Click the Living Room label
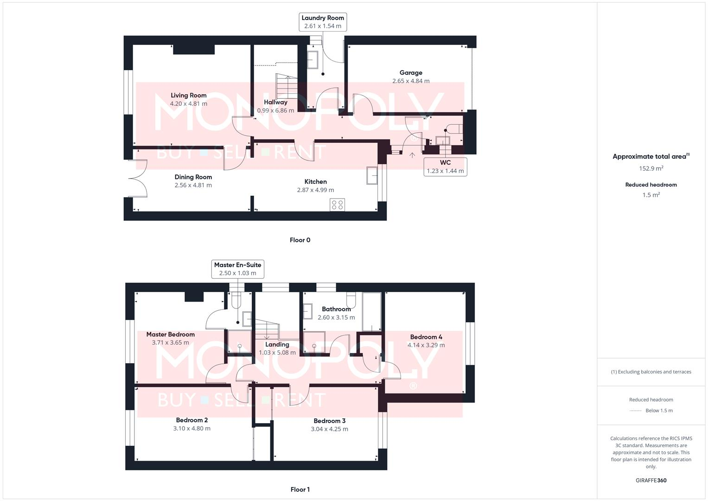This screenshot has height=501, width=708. pyautogui.click(x=188, y=95)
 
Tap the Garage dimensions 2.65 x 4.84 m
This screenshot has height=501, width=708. pyautogui.click(x=411, y=81)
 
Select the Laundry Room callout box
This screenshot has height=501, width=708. pyautogui.click(x=323, y=22)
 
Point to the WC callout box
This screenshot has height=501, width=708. pyautogui.click(x=445, y=167)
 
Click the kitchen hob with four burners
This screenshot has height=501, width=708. pyautogui.click(x=338, y=205)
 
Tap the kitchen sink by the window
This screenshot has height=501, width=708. pyautogui.click(x=372, y=175)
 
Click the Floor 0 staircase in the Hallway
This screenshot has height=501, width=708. pyautogui.click(x=286, y=86)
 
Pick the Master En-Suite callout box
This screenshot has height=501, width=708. pyautogui.click(x=237, y=269)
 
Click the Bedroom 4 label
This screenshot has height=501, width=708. pyautogui.click(x=426, y=337)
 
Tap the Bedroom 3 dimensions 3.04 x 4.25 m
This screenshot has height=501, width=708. pyautogui.click(x=329, y=429)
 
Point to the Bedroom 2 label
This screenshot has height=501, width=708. pyautogui.click(x=191, y=420)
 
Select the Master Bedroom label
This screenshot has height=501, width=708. pyautogui.click(x=170, y=334)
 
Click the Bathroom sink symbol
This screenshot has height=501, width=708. pyautogui.click(x=307, y=311)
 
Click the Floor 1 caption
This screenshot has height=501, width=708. pyautogui.click(x=300, y=489)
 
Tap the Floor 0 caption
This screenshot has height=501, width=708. pyautogui.click(x=300, y=240)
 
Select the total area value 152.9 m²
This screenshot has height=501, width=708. pyautogui.click(x=651, y=168)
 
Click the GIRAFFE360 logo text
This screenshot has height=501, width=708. pyautogui.click(x=651, y=480)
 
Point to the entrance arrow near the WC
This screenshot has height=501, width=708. pyautogui.click(x=412, y=155)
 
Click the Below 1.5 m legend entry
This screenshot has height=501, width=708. pyautogui.click(x=658, y=411)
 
